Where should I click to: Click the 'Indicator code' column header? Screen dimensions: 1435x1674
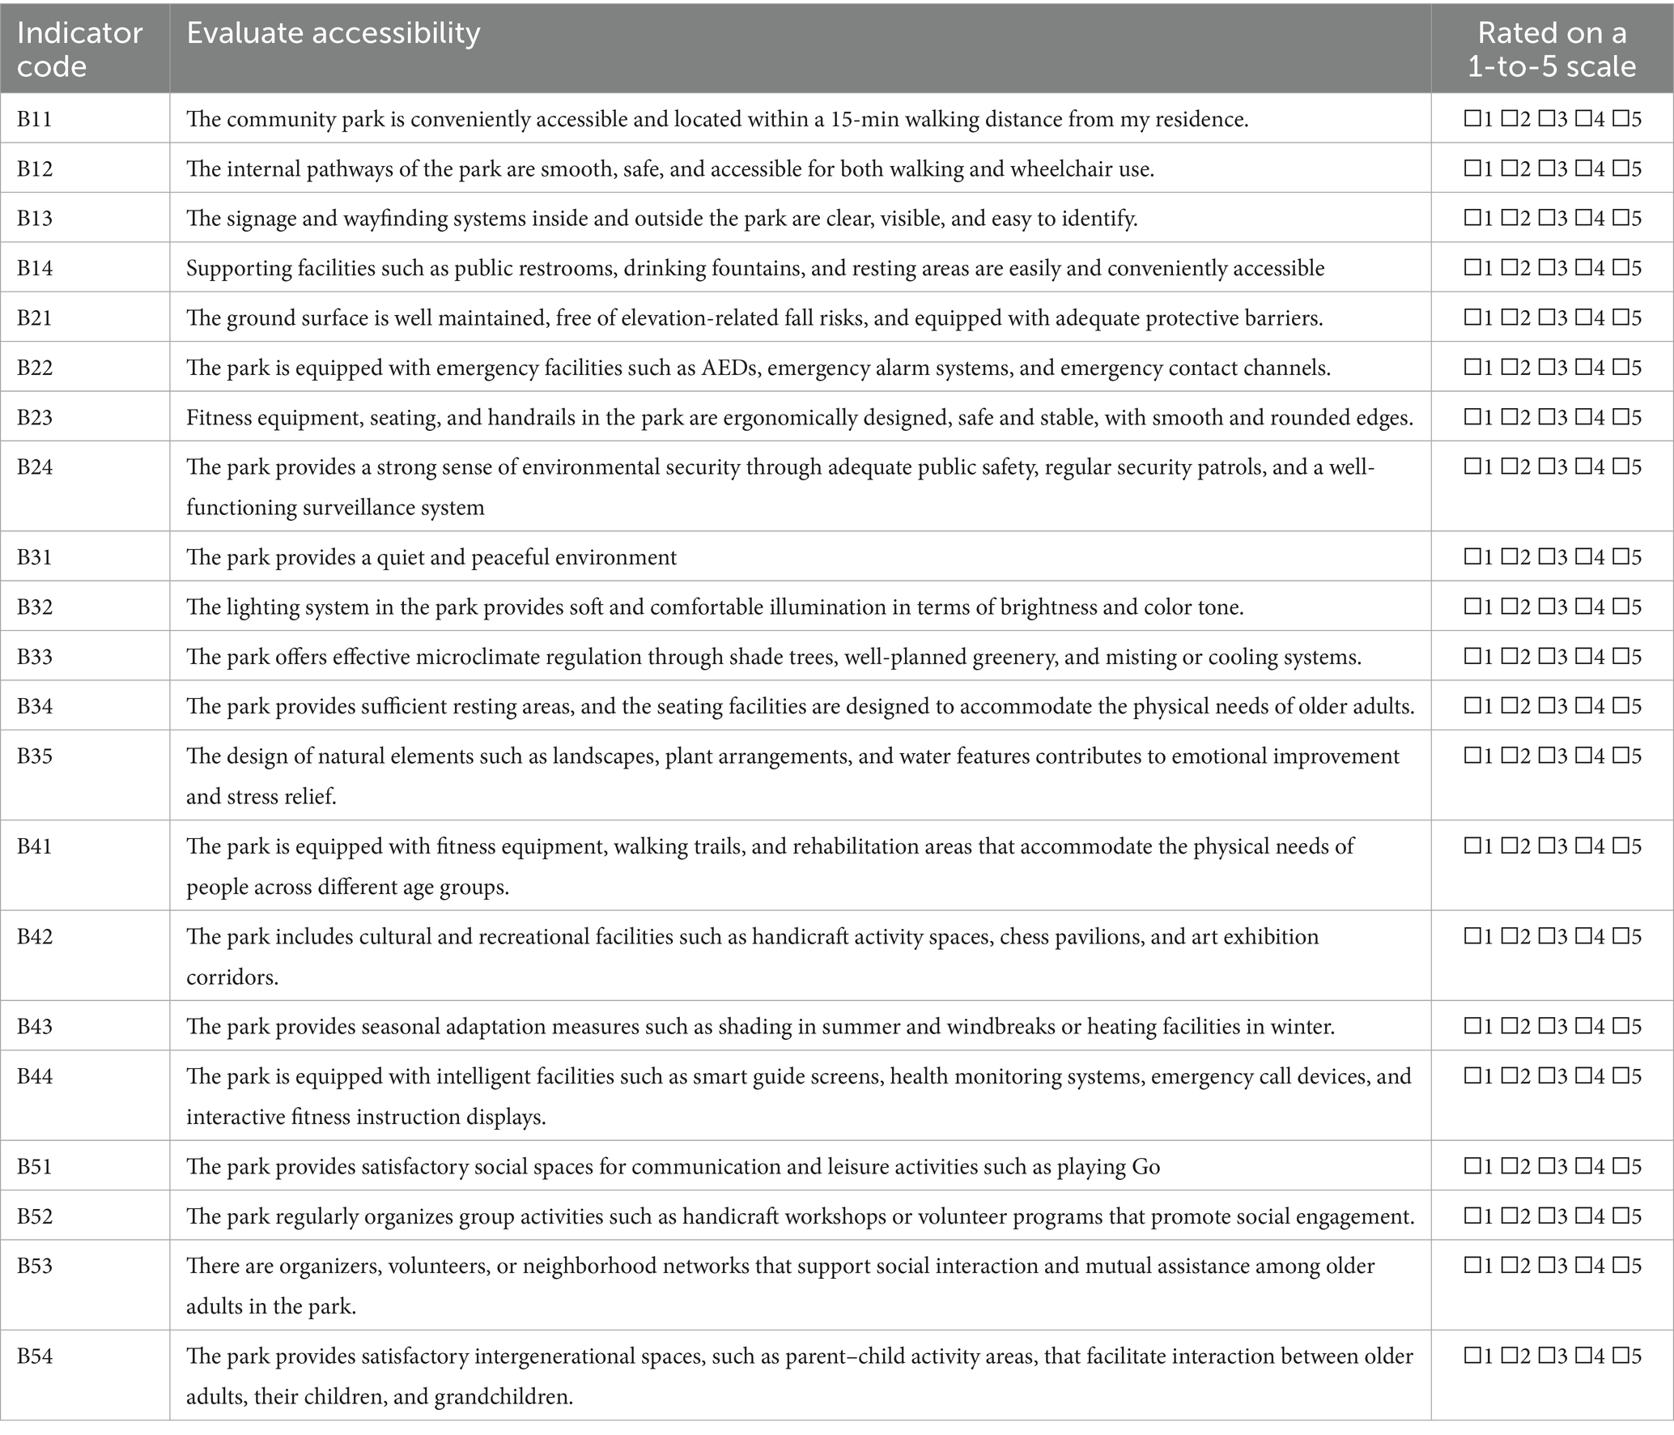[x=79, y=49]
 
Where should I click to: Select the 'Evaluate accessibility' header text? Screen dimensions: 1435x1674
[x=334, y=32]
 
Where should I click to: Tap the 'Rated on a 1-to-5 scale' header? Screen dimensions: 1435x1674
[x=1551, y=49]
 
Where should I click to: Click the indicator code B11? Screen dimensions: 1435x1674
[x=35, y=119]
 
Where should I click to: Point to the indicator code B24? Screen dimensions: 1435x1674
[x=35, y=467]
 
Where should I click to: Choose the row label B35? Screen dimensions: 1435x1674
[x=35, y=756]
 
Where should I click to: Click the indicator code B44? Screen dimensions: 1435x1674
[x=35, y=1076]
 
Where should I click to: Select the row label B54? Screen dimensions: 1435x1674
[x=35, y=1356]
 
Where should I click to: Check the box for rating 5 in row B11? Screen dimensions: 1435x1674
[x=1620, y=120]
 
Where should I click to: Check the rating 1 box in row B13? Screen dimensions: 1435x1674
[x=1472, y=219]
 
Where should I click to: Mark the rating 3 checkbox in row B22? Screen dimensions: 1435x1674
[x=1545, y=368]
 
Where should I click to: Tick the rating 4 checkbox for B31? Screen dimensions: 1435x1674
[x=1583, y=557]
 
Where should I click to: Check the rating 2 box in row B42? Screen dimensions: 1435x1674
[x=1509, y=937]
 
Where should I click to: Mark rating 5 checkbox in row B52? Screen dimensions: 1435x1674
[x=1620, y=1216]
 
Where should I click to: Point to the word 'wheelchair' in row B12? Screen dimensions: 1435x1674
[x=1053, y=168]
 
